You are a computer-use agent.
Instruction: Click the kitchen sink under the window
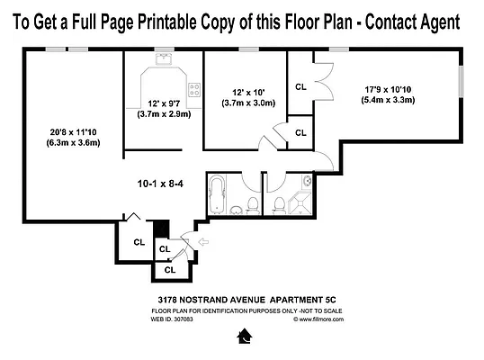[165, 60]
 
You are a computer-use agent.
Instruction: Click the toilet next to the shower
[280, 204]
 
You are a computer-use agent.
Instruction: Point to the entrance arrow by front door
[202, 240]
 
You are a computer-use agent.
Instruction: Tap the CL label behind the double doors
[300, 87]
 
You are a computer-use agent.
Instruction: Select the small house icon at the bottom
[242, 337]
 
